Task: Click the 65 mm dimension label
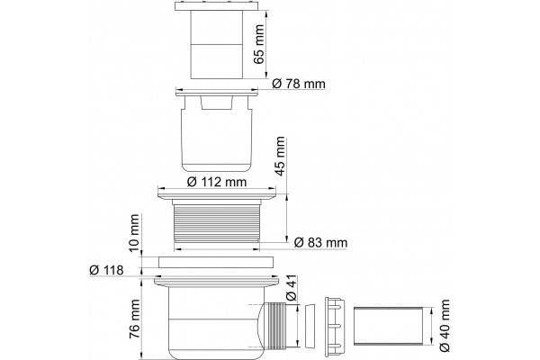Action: point(258,44)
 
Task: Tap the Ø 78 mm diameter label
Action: point(298,84)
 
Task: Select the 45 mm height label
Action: point(280,156)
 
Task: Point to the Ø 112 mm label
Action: point(217,182)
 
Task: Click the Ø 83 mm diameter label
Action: point(321,243)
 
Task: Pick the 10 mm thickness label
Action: point(134,233)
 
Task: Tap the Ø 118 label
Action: point(106,270)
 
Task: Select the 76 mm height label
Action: point(134,319)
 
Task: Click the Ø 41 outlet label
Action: point(292,288)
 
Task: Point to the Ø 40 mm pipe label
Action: point(445,325)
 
